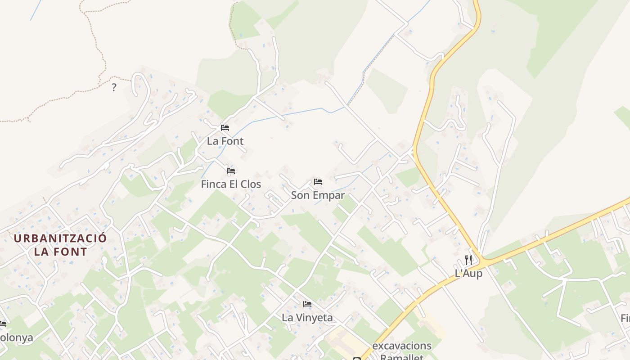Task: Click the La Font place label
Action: tap(225, 141)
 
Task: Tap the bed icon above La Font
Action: tap(225, 128)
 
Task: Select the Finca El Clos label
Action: tap(231, 184)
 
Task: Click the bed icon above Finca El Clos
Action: tap(231, 171)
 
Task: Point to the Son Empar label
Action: tap(318, 195)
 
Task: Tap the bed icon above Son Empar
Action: tap(318, 182)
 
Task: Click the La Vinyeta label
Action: tap(307, 318)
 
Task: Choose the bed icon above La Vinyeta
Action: tap(307, 305)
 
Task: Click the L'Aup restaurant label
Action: tap(468, 273)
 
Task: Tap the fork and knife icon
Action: tap(468, 260)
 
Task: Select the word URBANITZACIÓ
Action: tap(60, 238)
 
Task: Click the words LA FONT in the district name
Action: tap(60, 252)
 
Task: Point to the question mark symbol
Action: tap(114, 87)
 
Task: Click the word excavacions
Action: tap(402, 346)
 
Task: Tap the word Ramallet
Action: tap(402, 357)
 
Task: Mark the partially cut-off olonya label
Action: tap(16, 337)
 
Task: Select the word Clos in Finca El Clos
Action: tap(251, 184)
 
